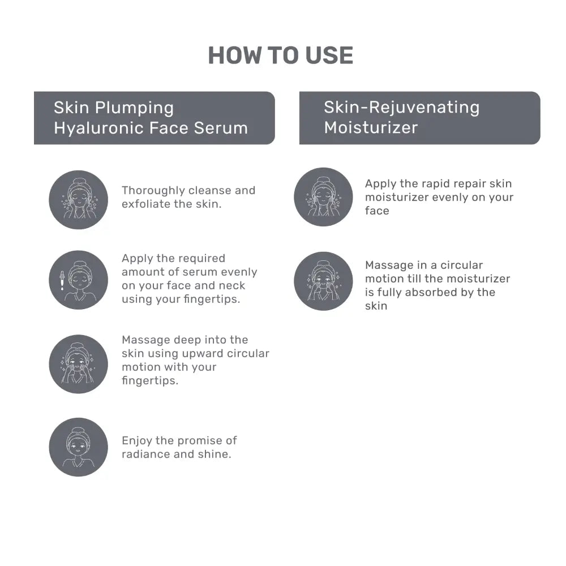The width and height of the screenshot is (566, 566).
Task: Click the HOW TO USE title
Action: tap(281, 55)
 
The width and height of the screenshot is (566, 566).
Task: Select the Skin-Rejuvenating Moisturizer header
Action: tap(419, 117)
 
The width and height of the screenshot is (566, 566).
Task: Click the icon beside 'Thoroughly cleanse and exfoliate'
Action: tap(78, 199)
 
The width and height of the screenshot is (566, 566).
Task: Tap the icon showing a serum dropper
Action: tap(78, 280)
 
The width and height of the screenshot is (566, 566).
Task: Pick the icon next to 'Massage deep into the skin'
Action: tap(78, 363)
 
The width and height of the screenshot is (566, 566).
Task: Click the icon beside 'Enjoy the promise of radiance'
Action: tap(78, 447)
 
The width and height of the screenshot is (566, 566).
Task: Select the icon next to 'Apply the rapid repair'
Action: tap(323, 196)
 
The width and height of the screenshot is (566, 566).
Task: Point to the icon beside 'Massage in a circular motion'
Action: tap(323, 281)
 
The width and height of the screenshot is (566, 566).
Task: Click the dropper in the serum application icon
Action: tap(61, 280)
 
